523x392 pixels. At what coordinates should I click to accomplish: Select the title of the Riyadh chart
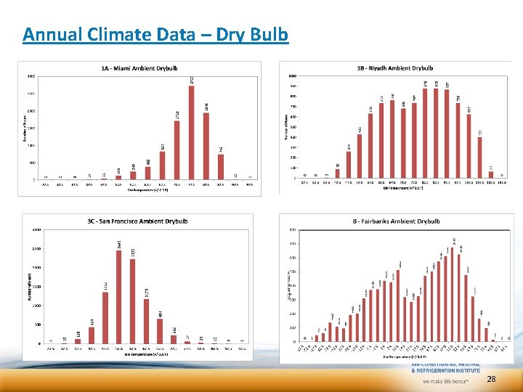click(394, 68)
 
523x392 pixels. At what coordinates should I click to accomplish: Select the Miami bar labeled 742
click(220, 166)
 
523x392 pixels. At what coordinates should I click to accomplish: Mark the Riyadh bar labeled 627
click(469, 145)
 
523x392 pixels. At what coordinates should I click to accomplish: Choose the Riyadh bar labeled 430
click(359, 155)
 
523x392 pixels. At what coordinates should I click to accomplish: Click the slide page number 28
click(492, 380)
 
